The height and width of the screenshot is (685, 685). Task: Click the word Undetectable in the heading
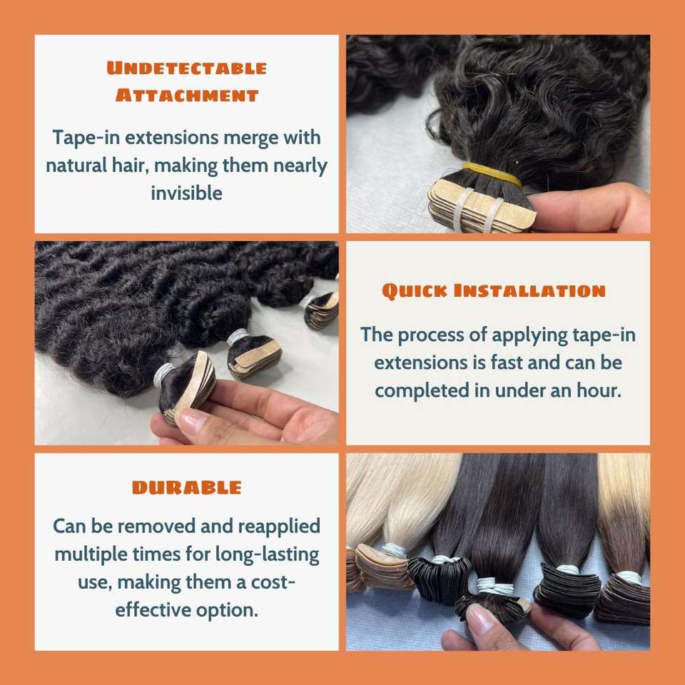[186, 68]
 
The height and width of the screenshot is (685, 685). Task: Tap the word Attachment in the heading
[187, 95]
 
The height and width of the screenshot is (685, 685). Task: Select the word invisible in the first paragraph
[186, 193]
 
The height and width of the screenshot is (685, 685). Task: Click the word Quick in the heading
[415, 291]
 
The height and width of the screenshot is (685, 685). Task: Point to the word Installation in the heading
[529, 290]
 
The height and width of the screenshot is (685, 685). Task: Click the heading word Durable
[186, 487]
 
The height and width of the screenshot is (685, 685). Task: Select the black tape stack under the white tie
[440, 579]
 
